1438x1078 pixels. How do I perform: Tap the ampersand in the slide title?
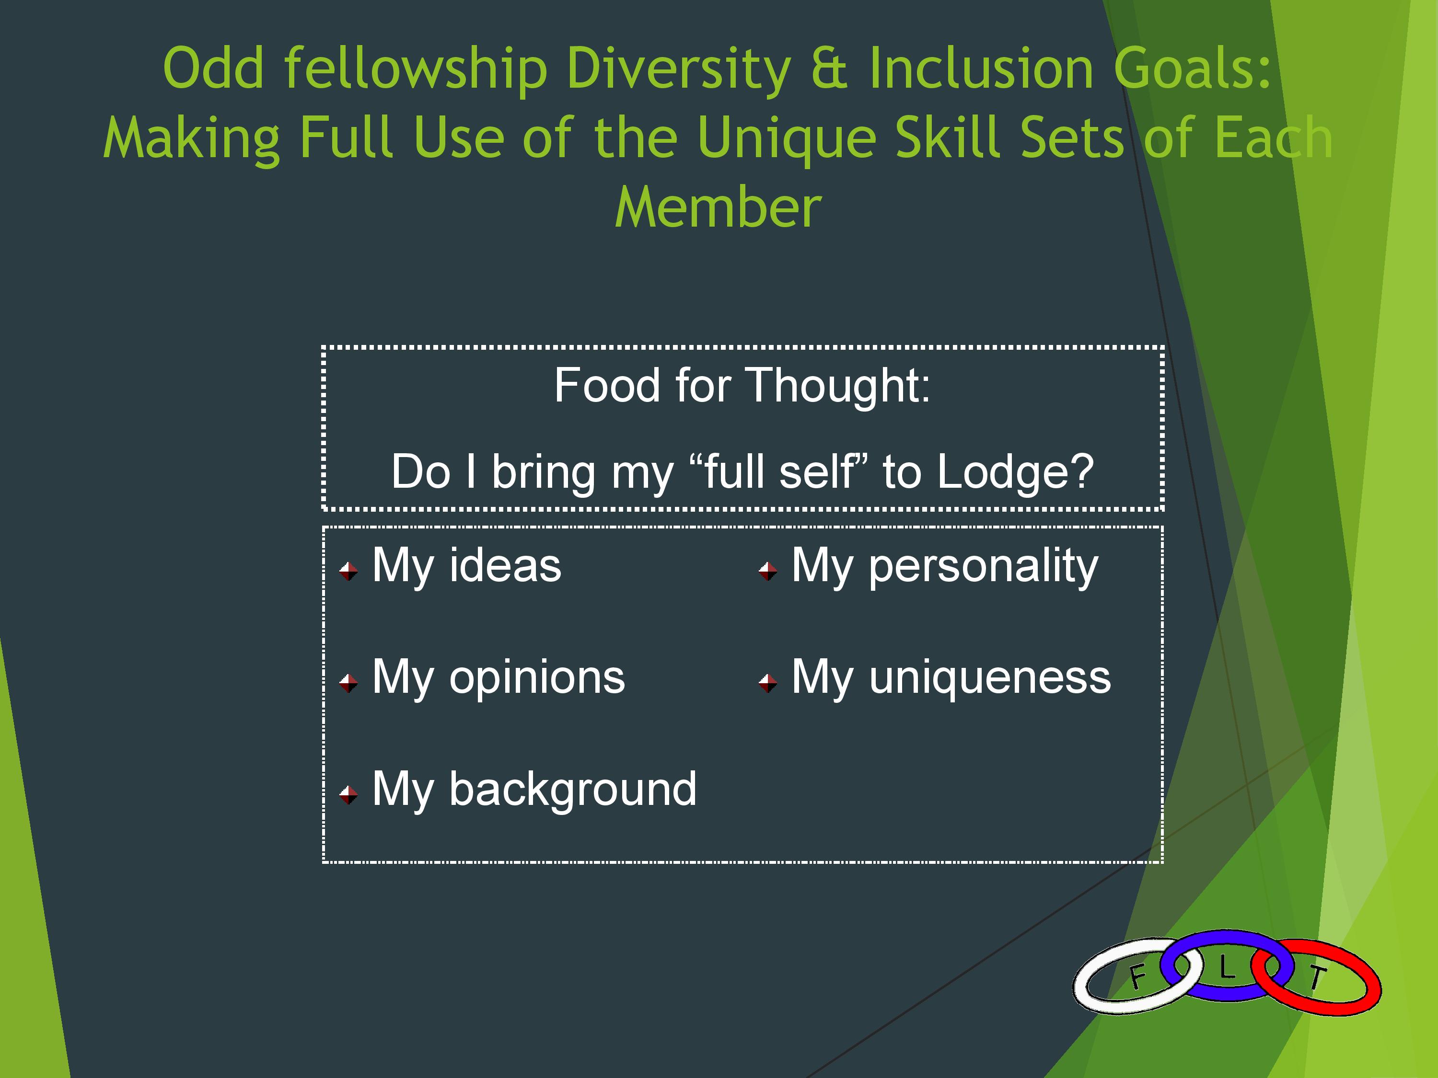pos(830,68)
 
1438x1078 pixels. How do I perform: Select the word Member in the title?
pos(719,207)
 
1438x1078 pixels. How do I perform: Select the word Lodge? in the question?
pos(1015,472)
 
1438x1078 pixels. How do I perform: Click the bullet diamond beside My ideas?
pos(348,571)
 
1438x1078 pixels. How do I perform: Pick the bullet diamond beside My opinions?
pos(348,683)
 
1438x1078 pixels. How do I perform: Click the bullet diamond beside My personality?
pos(768,571)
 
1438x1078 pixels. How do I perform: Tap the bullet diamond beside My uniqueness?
pos(768,683)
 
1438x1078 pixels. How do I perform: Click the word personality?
pos(984,567)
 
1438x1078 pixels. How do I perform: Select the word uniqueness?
pos(990,678)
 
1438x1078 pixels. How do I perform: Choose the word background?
pos(573,790)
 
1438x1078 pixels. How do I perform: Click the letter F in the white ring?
pos(1137,976)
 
